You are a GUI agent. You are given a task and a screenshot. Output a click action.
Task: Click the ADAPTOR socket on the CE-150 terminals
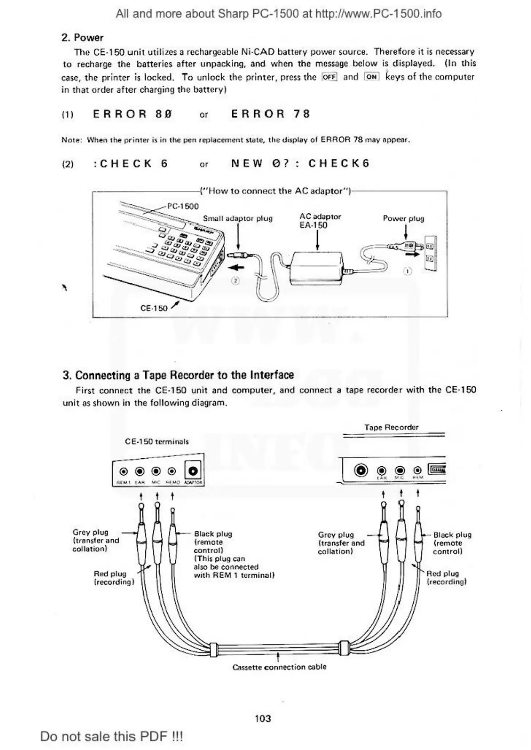(193, 471)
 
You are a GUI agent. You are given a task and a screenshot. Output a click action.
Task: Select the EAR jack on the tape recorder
(382, 470)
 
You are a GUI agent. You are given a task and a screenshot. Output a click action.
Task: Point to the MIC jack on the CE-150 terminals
(156, 471)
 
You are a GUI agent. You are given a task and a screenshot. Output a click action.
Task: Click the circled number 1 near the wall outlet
(408, 271)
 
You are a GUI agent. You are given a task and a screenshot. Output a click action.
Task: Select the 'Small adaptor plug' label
(238, 219)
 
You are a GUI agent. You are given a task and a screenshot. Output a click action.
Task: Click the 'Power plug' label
(403, 219)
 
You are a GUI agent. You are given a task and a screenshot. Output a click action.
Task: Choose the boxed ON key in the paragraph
(371, 77)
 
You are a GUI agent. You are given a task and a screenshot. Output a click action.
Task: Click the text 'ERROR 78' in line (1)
(270, 114)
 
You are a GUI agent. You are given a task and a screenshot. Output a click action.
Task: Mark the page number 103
(263, 718)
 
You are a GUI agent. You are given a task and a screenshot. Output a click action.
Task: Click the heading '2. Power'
(82, 37)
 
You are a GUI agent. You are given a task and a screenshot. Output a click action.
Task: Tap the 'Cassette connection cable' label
(280, 667)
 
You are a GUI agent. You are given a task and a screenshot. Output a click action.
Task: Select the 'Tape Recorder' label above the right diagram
(391, 428)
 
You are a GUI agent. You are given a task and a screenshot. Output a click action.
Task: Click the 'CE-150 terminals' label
(157, 442)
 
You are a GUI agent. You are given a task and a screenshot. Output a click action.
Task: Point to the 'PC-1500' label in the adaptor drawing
(183, 206)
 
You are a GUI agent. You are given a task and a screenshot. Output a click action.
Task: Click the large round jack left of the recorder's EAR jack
(361, 470)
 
